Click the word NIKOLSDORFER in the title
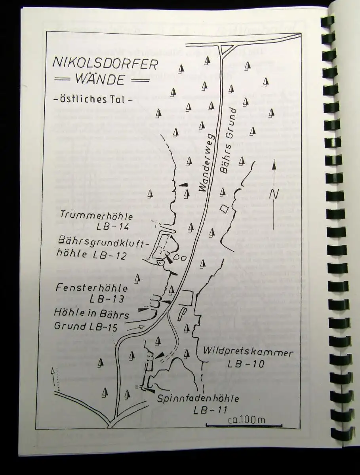(105, 64)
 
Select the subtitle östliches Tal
(93, 100)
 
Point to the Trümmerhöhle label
(97, 216)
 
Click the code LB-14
(113, 226)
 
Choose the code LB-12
(110, 256)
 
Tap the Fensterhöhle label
(92, 288)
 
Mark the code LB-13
(107, 299)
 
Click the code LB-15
(102, 327)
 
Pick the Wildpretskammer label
(248, 353)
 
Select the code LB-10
(246, 364)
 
